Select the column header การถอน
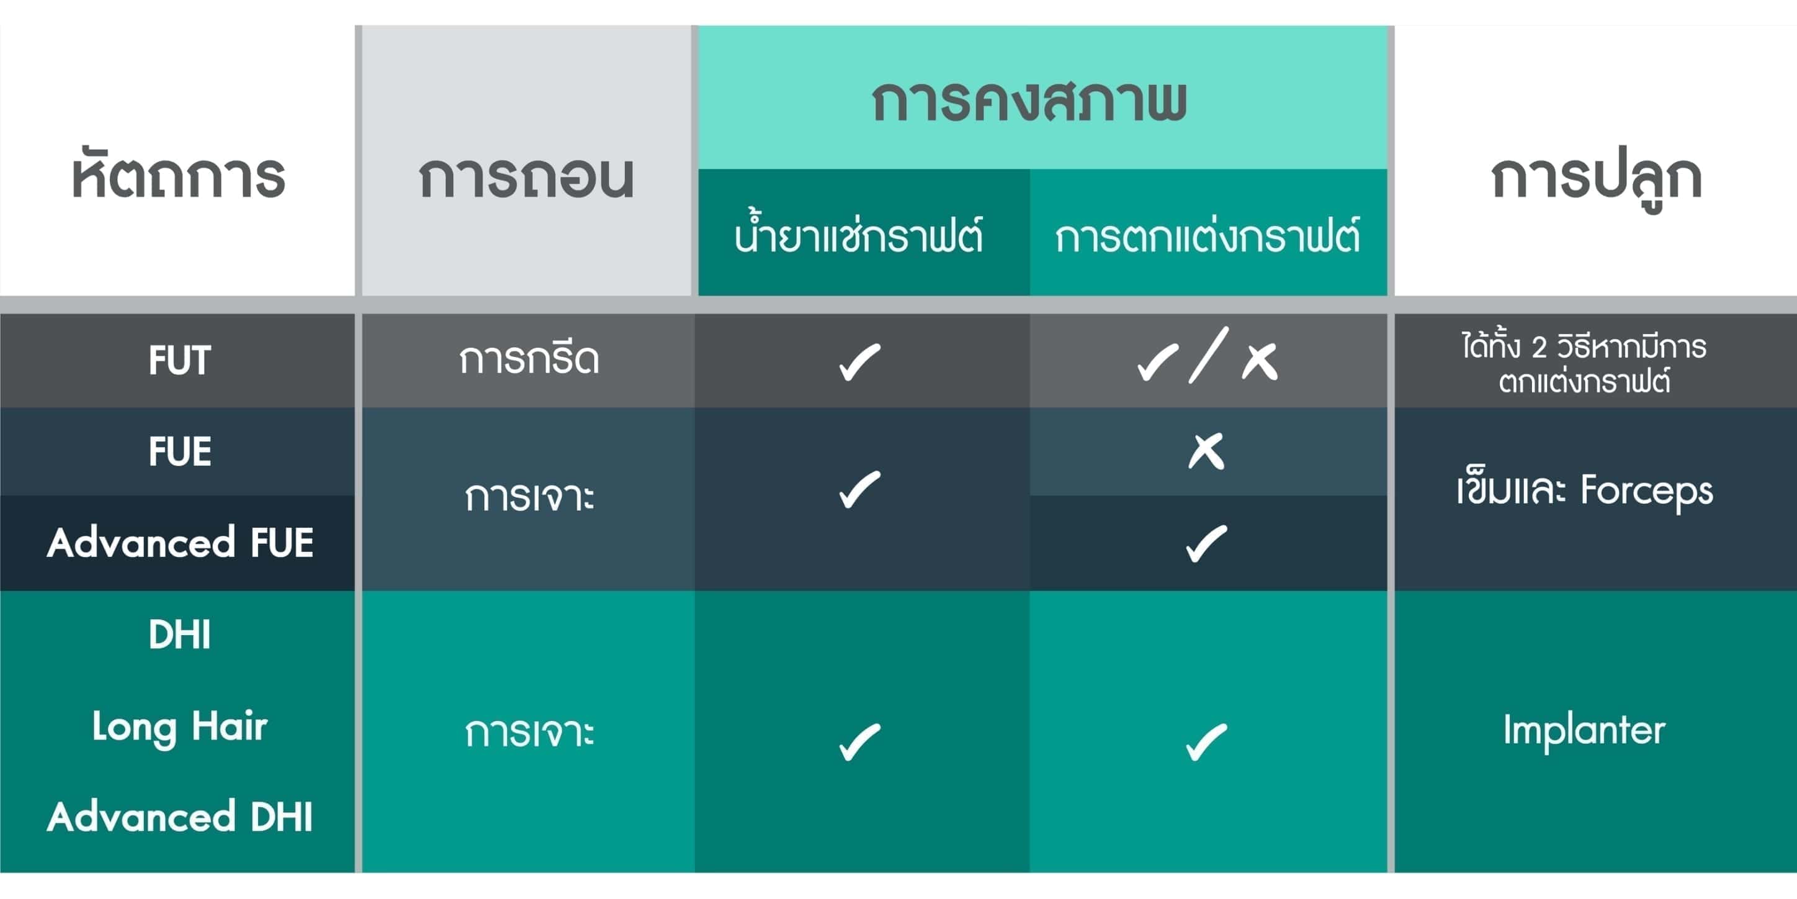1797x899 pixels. [x=527, y=175]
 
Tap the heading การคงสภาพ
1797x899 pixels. [x=1029, y=101]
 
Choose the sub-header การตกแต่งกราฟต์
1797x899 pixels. [x=1208, y=234]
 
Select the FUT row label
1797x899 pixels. [x=179, y=360]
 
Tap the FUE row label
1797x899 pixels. [x=179, y=451]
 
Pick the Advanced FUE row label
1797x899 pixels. [x=180, y=543]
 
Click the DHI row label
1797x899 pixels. [x=179, y=635]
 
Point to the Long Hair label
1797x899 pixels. [x=180, y=727]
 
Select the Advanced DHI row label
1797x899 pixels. [x=180, y=816]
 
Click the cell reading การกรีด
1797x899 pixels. [x=529, y=359]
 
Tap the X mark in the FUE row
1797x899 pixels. [x=1207, y=451]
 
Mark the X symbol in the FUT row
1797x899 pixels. [x=1260, y=361]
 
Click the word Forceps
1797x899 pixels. [x=1646, y=491]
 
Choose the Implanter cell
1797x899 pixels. [x=1584, y=731]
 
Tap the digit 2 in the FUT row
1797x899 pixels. [x=1539, y=347]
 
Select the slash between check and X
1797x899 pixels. [x=1208, y=355]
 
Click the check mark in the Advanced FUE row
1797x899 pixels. [x=1206, y=544]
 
